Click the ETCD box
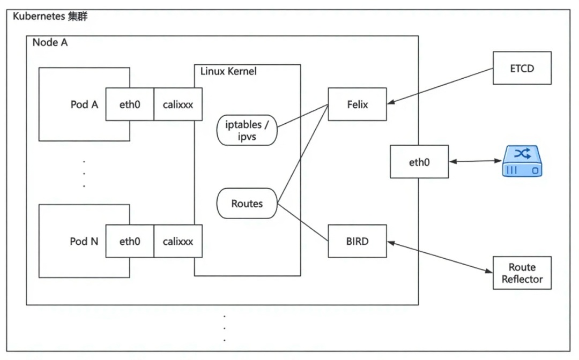(x=522, y=68)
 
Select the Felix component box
(x=357, y=104)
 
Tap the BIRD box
(x=357, y=241)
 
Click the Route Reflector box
(x=522, y=273)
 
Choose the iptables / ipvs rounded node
(x=247, y=130)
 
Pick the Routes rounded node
(x=247, y=204)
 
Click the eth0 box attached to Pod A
(x=130, y=104)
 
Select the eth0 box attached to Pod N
(x=130, y=241)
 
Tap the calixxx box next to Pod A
(x=178, y=104)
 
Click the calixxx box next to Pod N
(x=178, y=241)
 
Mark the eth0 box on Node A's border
(x=419, y=161)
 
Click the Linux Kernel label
(x=228, y=71)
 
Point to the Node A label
(x=50, y=43)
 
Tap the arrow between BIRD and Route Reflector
(x=440, y=257)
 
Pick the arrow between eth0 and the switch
(x=475, y=161)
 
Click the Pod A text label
(x=84, y=104)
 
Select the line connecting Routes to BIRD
(x=303, y=222)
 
